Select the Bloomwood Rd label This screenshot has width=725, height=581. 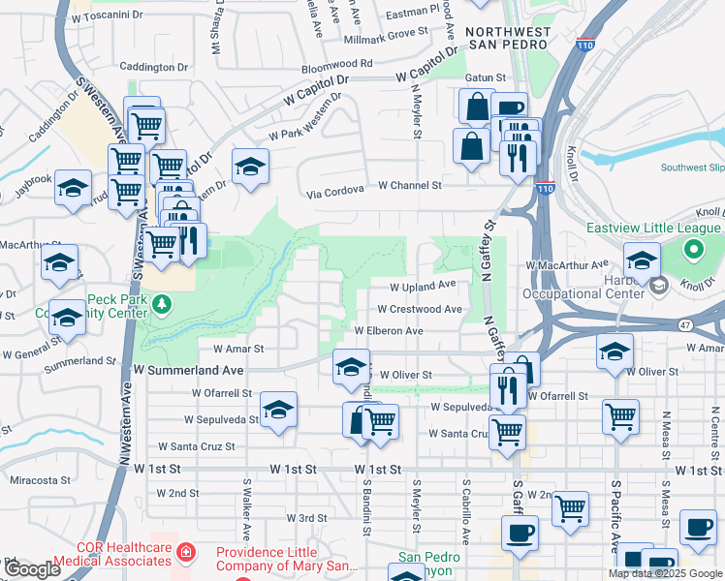336,63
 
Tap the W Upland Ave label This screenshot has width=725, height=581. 423,287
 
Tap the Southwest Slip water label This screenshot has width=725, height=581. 692,168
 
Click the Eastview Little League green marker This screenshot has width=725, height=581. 692,251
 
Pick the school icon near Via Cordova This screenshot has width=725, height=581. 250,167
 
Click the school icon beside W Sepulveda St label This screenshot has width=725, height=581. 277,410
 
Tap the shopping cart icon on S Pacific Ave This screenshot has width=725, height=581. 620,416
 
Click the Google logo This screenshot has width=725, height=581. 33,569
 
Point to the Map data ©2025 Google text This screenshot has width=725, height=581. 665,573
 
